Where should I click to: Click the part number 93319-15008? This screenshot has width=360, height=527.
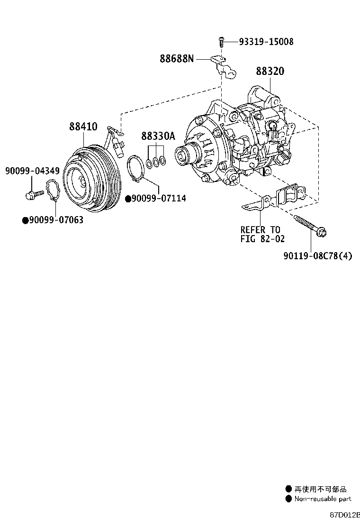[266, 42]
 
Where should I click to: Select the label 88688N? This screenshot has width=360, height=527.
[176, 59]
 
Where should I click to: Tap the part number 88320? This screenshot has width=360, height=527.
[270, 71]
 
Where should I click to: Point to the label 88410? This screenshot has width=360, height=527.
[83, 127]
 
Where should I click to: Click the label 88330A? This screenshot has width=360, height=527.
[158, 136]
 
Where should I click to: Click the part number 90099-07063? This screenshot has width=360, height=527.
[56, 220]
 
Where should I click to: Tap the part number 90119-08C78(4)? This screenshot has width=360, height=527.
[318, 256]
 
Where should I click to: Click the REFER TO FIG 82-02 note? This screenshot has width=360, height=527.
[262, 235]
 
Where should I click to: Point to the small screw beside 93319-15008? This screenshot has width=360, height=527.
[221, 42]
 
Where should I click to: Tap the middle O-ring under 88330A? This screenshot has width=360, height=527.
[155, 162]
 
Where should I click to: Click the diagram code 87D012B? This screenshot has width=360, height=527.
[345, 514]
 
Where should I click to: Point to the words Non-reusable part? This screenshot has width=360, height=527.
[323, 499]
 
